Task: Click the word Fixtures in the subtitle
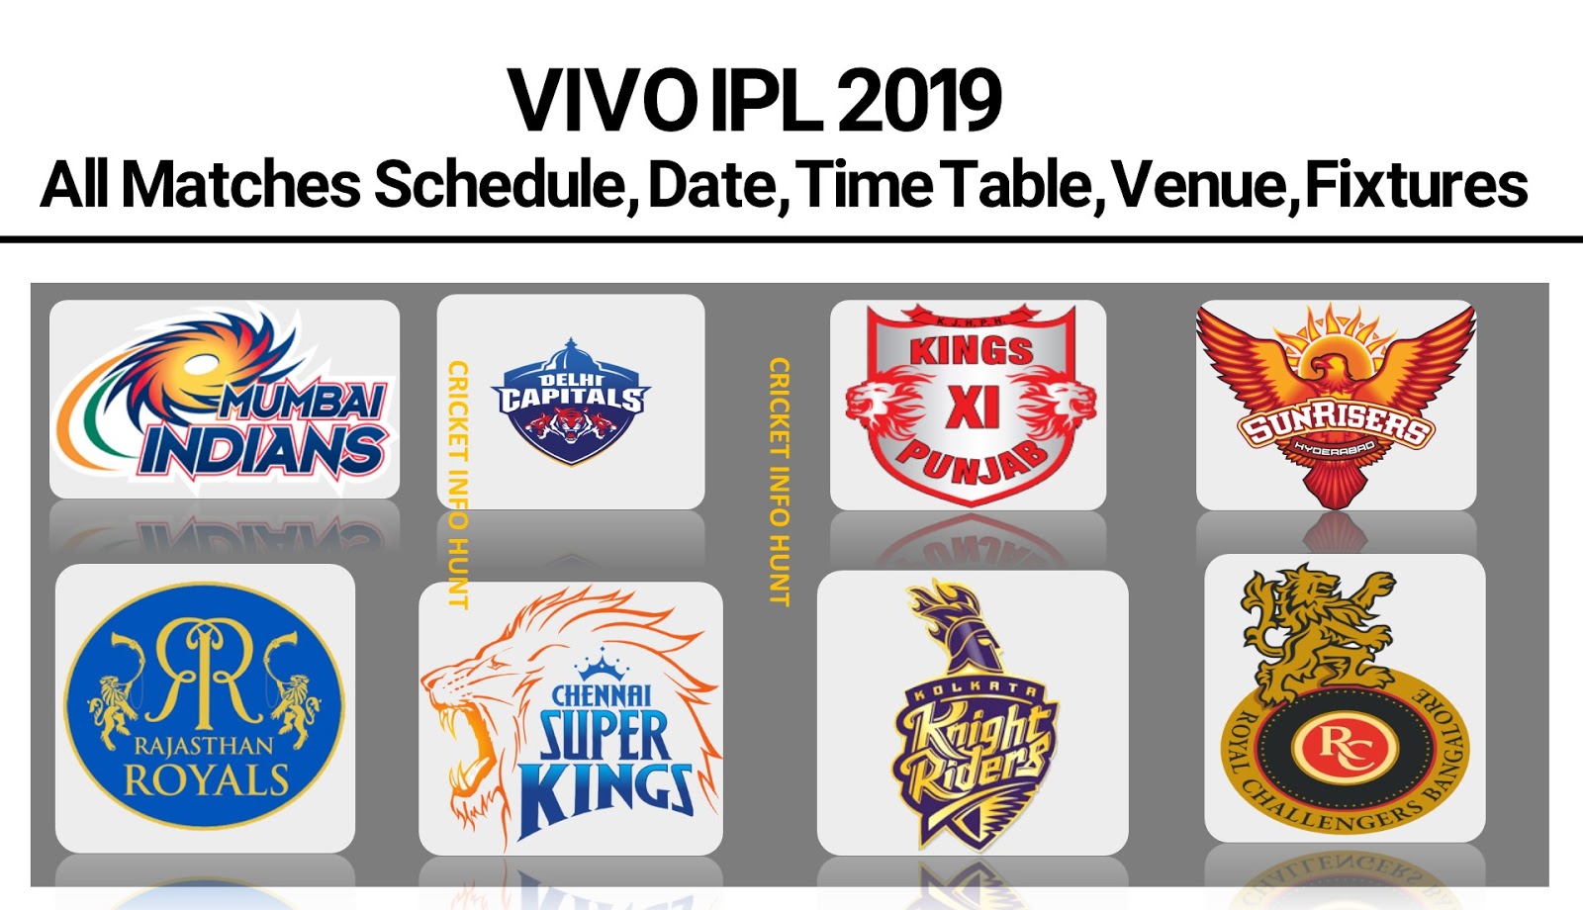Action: tap(1416, 185)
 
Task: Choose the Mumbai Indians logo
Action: tap(225, 399)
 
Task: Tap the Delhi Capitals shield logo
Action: tap(571, 401)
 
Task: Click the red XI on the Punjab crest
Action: tap(972, 407)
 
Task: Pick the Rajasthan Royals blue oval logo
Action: tap(205, 706)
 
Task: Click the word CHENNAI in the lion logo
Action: tap(602, 694)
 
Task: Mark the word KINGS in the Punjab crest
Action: tap(971, 350)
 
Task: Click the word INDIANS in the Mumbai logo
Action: tap(263, 451)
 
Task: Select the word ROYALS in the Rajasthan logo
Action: tap(206, 781)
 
